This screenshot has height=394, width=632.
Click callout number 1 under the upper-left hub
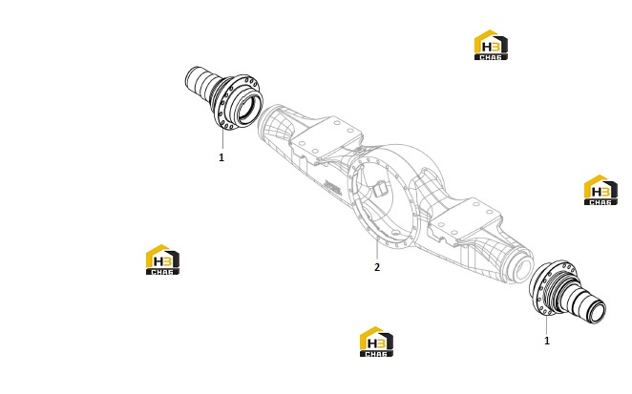click(x=221, y=157)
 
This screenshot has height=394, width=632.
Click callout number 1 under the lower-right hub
click(x=547, y=341)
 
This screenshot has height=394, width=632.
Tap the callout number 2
click(x=377, y=267)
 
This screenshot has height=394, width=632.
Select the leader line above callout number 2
click(x=377, y=249)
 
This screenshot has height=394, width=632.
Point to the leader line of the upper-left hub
click(x=222, y=137)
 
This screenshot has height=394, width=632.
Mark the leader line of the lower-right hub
click(x=547, y=324)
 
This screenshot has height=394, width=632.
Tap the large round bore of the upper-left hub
click(x=249, y=105)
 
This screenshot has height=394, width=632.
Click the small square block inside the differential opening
click(x=380, y=188)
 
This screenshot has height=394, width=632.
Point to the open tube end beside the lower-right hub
click(x=520, y=266)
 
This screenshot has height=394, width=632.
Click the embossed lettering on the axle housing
click(x=331, y=188)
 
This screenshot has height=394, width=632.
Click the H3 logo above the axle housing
click(x=491, y=45)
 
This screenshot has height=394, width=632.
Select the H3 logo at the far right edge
click(x=600, y=190)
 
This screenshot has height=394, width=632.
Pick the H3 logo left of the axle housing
click(x=162, y=259)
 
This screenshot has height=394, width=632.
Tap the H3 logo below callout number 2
click(x=376, y=342)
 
